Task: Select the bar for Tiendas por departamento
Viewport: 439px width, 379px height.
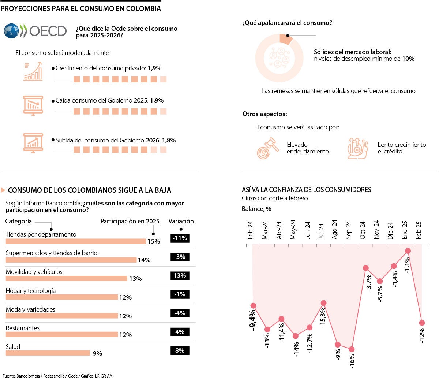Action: [x=75, y=241]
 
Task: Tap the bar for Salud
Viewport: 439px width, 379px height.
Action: [x=48, y=353]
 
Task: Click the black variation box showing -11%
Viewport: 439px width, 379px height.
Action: [x=180, y=238]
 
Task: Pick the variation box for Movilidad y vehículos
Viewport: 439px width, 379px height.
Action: [x=180, y=276]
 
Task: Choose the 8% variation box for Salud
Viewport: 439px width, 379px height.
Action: [x=180, y=350]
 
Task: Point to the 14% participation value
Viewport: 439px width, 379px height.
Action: [x=144, y=260]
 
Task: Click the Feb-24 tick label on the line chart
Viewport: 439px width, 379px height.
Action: [x=251, y=230]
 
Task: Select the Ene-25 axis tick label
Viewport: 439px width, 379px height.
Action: [x=405, y=230]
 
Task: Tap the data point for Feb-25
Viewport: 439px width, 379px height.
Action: [x=422, y=323]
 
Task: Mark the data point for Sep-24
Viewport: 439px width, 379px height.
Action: [x=352, y=349]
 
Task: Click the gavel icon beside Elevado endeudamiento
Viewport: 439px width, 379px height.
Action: [x=265, y=148]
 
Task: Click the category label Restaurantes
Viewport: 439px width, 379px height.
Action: [x=23, y=328]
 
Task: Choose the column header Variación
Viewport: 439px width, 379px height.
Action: [x=181, y=221]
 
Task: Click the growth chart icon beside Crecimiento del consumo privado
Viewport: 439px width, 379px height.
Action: [x=33, y=72]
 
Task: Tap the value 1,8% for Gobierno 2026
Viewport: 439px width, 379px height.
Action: [x=169, y=140]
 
